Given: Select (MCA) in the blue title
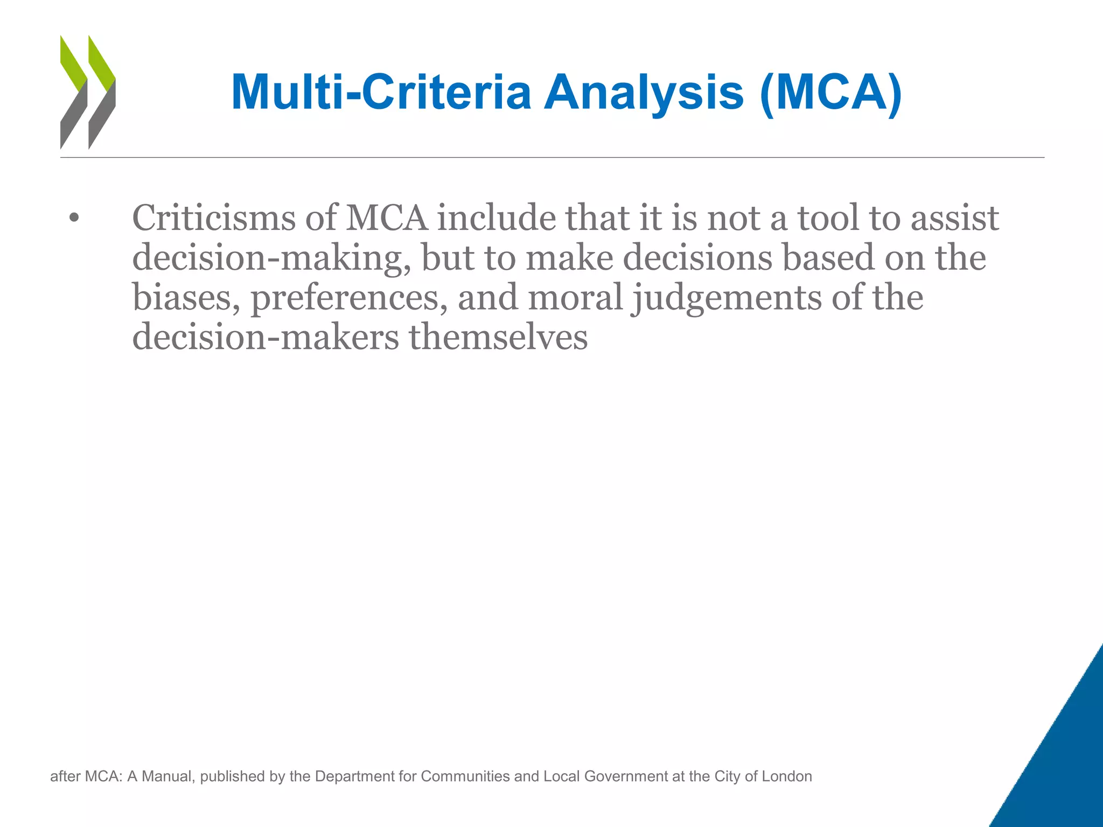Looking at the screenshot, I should (830, 92).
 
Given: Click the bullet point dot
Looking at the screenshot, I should (74, 219).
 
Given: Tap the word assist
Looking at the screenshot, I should (954, 218).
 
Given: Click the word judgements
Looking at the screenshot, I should (727, 298).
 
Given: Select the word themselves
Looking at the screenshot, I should (498, 338).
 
